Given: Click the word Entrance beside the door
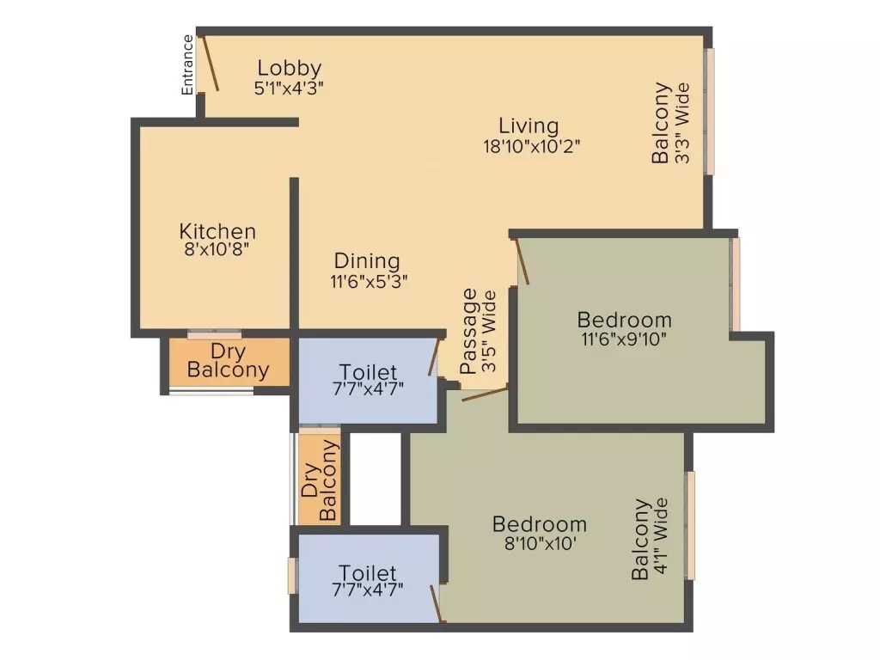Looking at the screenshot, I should coord(187,64).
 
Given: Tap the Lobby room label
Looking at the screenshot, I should coord(290,68).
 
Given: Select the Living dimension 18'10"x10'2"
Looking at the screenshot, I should coord(531,145).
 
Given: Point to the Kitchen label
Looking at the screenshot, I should coord(217,231).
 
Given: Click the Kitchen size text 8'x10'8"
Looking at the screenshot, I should coord(217,250).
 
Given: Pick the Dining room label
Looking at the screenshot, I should coord(367,260).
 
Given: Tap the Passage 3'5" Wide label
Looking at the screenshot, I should coord(479,331).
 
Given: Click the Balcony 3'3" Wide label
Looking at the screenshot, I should coord(670,123).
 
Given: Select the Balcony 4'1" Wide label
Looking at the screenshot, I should coord(651,539).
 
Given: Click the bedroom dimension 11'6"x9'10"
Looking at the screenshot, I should coord(623,339).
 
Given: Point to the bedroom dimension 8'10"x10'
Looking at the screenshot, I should coord(540,543).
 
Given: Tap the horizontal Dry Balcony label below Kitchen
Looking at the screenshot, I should coord(228,362).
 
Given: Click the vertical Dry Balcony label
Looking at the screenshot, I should coord(320,480).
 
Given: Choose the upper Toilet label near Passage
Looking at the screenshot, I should coord(368,372).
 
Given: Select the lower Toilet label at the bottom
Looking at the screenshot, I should coord(368,573).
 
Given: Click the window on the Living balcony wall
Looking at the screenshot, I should coord(711,112).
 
